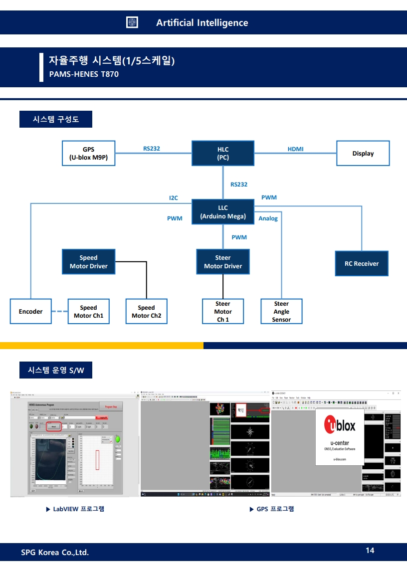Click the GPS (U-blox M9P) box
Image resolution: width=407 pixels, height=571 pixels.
coord(88,153)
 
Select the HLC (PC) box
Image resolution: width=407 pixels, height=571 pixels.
coord(223,153)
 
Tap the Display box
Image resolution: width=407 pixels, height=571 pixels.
coord(363,153)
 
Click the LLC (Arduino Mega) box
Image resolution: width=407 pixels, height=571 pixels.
coord(223,212)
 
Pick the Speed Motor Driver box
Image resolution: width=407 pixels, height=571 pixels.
coord(88,262)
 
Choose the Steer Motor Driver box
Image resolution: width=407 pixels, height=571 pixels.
coord(223,262)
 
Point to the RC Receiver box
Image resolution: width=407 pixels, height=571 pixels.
coord(362,263)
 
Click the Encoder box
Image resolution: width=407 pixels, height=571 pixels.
coord(31,312)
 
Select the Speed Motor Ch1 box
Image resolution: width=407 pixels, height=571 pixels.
coord(88,312)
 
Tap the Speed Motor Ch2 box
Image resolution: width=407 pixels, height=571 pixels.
coord(146,312)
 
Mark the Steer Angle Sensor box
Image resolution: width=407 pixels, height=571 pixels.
coord(281,312)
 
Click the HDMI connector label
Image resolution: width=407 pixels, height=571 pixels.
coord(295,149)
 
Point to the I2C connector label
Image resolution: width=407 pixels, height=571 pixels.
coord(173,198)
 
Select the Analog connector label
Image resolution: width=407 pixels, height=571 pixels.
coord(268,218)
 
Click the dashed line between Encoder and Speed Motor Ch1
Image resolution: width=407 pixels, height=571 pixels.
coord(59,312)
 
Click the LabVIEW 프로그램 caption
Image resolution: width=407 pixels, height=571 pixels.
coord(75,509)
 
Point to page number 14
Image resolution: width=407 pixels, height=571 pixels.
coord(370,551)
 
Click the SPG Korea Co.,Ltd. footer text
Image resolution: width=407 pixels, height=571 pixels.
coord(55,552)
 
